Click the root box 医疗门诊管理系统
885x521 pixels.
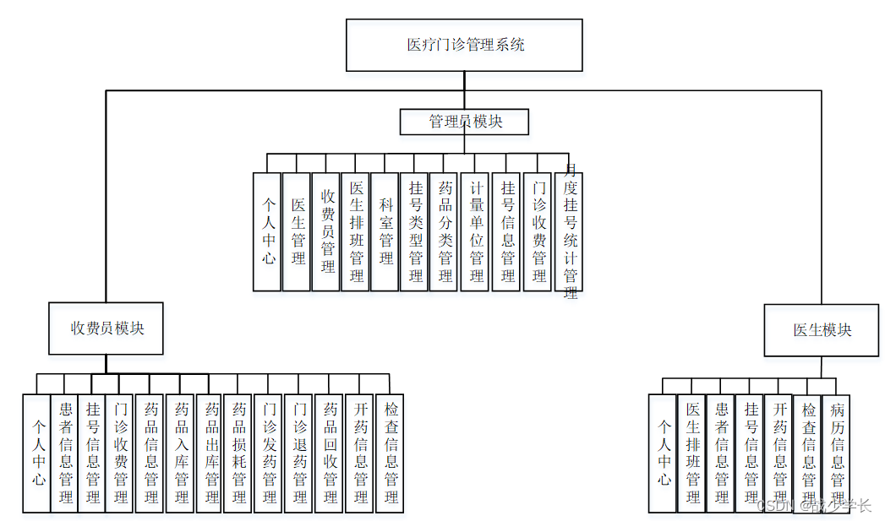point(464,45)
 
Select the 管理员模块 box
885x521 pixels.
point(464,122)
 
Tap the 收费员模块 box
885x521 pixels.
point(107,328)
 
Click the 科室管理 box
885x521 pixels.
point(385,232)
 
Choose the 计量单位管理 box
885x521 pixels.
point(476,232)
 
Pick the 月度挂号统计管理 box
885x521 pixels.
point(570,232)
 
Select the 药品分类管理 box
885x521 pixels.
point(445,232)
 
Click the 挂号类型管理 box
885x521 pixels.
point(414,232)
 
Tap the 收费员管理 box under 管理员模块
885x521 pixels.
point(326,232)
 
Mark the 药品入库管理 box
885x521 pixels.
point(181,453)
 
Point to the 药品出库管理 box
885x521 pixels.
point(210,453)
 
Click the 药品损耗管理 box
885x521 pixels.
point(239,453)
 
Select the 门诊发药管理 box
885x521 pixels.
point(269,453)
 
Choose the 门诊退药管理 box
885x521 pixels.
point(298,453)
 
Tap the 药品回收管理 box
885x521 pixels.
point(330,453)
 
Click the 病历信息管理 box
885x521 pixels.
point(837,453)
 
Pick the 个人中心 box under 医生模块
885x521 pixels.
point(663,453)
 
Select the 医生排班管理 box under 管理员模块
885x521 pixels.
point(356,232)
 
